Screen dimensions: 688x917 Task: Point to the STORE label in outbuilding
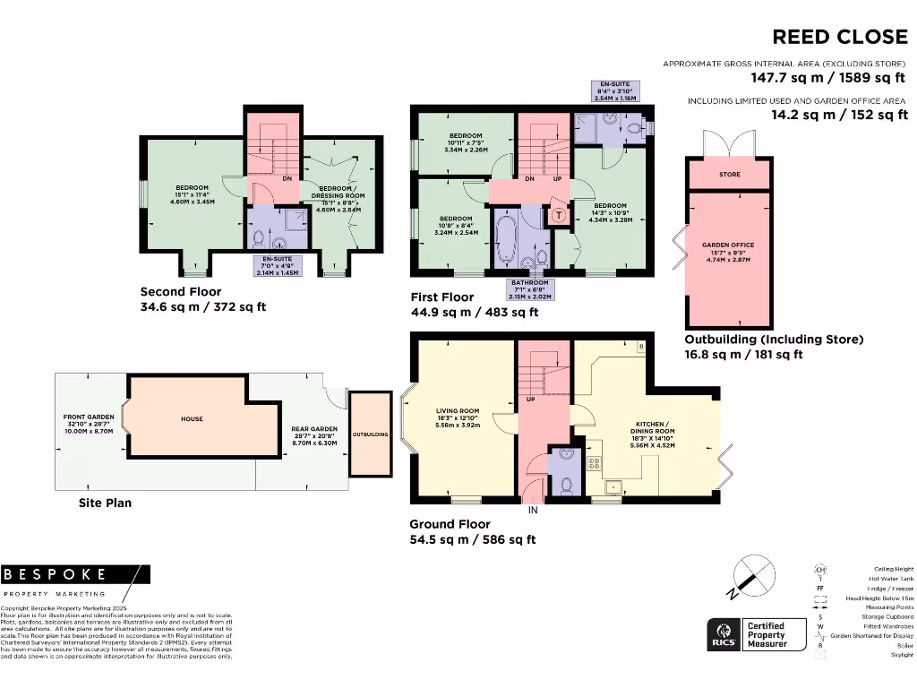point(730,174)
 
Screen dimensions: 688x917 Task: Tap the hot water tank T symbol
point(559,216)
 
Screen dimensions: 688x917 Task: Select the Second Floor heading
point(181,292)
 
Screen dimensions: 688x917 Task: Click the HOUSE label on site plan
point(192,418)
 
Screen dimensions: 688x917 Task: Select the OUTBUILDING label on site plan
point(370,434)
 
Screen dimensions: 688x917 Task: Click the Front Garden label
point(88,423)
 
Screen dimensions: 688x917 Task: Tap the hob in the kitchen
point(593,463)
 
